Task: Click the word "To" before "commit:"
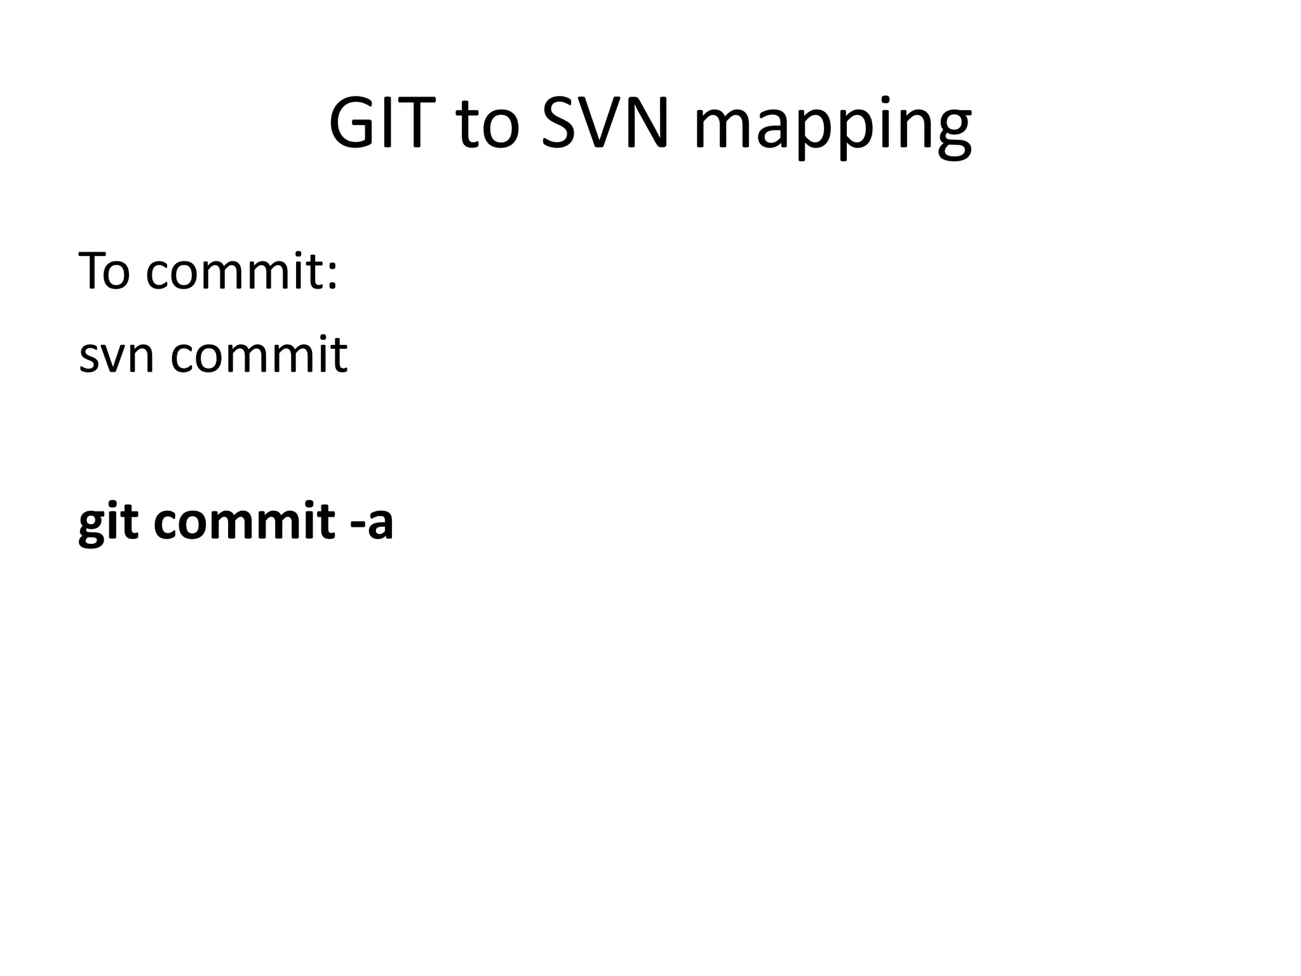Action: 104,271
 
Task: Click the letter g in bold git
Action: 93,527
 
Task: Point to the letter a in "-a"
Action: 380,525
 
